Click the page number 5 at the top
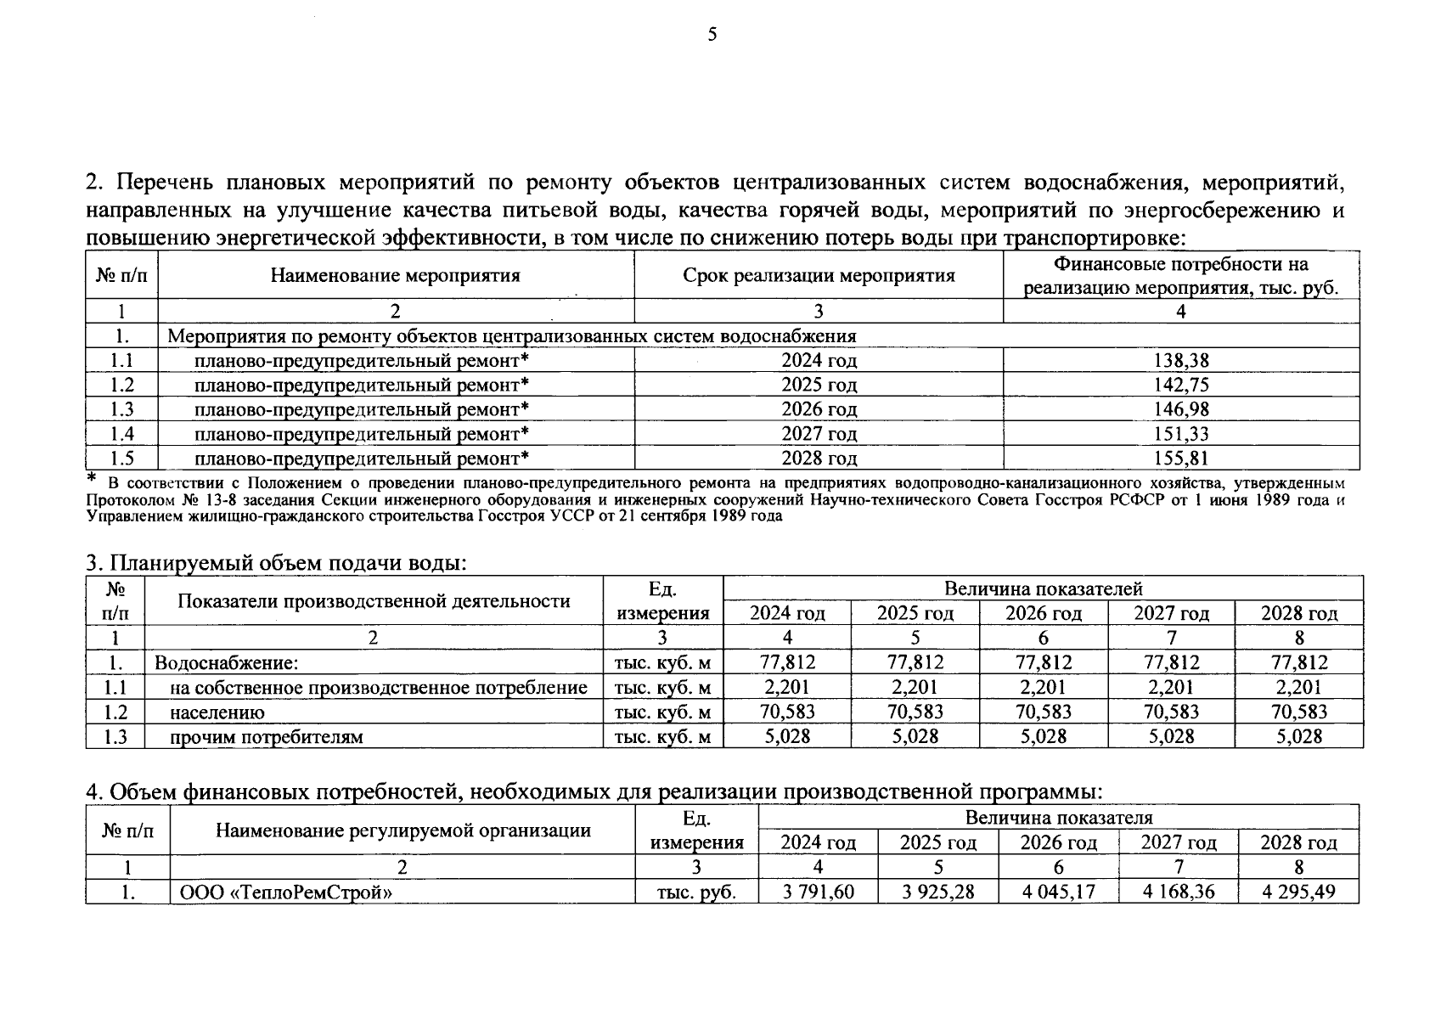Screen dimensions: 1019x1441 point(712,35)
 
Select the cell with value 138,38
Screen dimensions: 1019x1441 point(1180,361)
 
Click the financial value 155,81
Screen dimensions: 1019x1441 point(1180,459)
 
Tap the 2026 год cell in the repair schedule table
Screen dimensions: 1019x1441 point(819,410)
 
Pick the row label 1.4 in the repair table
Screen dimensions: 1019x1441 point(121,435)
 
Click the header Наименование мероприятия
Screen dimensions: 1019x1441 point(395,276)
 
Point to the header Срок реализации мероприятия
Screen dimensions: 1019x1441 point(819,276)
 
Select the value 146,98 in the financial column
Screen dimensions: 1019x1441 point(1180,410)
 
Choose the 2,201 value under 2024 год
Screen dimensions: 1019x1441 point(787,688)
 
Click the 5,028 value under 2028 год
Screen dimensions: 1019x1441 point(1299,737)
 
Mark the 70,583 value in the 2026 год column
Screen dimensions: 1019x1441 point(1044,712)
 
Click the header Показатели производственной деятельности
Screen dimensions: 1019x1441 point(374,601)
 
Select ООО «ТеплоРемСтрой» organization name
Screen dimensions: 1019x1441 point(285,892)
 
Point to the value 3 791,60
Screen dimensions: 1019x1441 point(818,892)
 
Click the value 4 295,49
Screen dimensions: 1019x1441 point(1298,892)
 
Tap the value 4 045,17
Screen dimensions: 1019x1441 point(1058,892)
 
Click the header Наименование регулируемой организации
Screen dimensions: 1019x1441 point(402,830)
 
